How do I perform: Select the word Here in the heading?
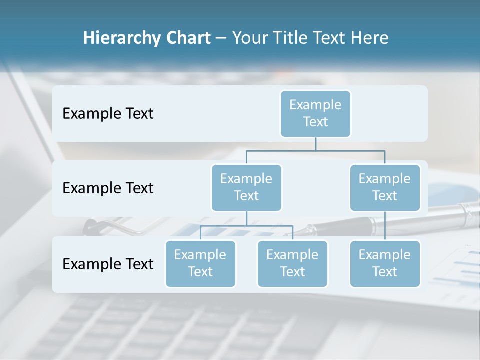click(x=369, y=38)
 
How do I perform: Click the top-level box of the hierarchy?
click(x=315, y=114)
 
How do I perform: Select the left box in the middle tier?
click(x=246, y=187)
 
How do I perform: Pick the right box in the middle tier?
click(x=385, y=187)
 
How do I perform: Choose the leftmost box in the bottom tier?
click(x=200, y=263)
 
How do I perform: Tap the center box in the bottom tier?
click(x=292, y=263)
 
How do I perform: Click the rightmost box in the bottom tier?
click(x=385, y=263)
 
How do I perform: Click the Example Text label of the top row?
click(x=108, y=114)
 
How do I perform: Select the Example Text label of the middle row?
click(x=108, y=188)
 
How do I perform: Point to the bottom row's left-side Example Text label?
click(x=108, y=264)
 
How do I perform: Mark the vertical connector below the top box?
click(x=315, y=144)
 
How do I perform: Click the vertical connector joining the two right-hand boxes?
click(x=385, y=226)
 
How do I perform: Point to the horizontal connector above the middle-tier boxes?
click(x=315, y=150)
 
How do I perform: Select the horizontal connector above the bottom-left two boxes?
click(x=246, y=226)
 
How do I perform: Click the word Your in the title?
click(x=249, y=38)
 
